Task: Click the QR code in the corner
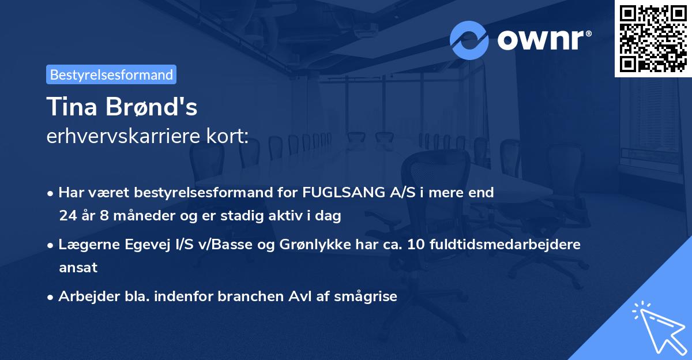pos(653,39)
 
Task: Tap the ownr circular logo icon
pos(469,40)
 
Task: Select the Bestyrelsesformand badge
pos(111,74)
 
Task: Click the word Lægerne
pos(85,245)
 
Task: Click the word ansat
pos(78,268)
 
